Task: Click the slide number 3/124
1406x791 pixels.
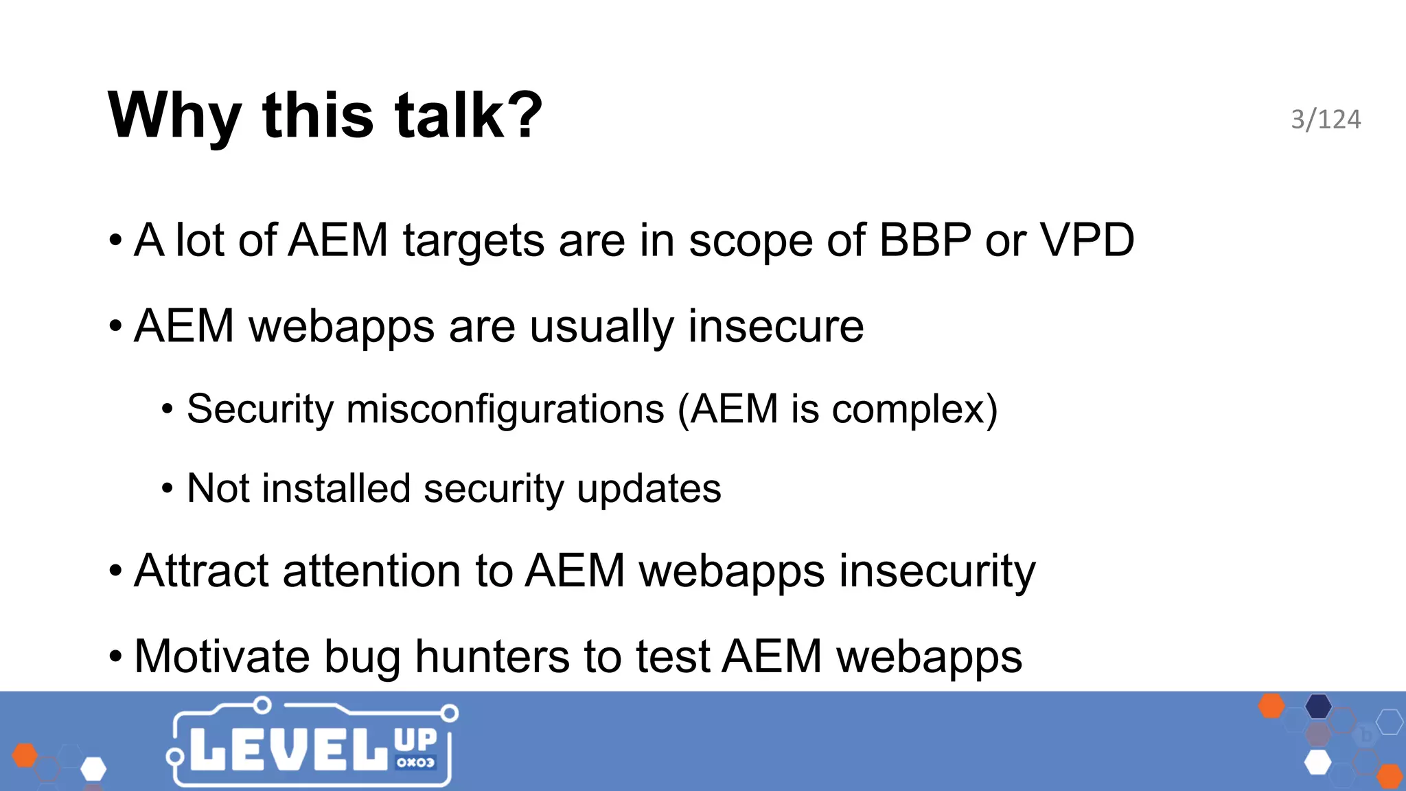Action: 1325,119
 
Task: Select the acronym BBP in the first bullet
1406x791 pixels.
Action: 925,240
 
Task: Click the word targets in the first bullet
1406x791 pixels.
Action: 473,242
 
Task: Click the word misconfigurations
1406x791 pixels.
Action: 505,409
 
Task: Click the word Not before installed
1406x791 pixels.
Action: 218,489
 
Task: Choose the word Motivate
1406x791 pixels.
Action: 222,657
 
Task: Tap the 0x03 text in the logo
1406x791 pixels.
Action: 415,763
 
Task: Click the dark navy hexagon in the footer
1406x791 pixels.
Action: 1318,706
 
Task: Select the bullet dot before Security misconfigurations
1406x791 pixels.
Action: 168,410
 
